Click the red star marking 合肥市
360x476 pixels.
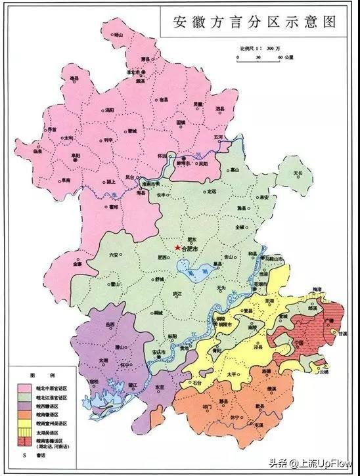pyautogui.click(x=177, y=247)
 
